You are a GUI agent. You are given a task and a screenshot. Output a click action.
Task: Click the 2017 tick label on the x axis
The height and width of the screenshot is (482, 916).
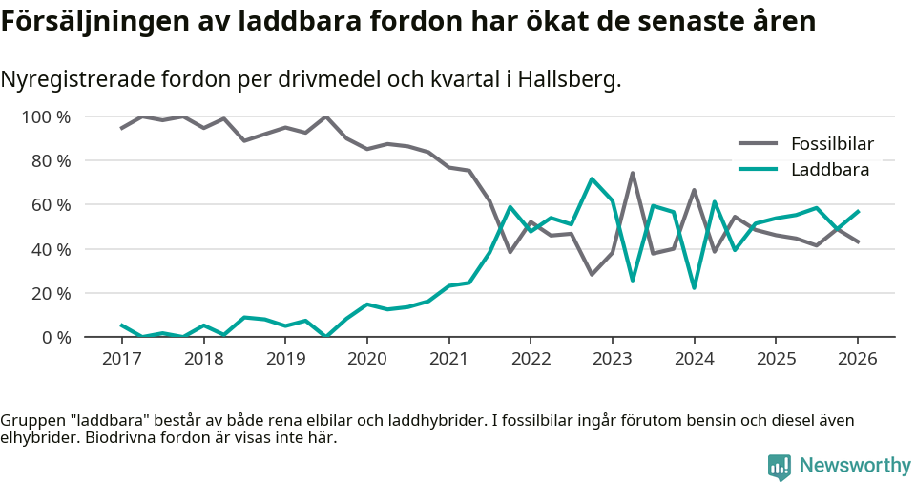pyautogui.click(x=121, y=359)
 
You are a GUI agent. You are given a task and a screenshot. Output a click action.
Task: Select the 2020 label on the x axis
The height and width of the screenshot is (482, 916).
pyautogui.click(x=366, y=359)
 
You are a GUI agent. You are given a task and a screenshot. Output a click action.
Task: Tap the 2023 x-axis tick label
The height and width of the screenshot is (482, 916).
pyautogui.click(x=612, y=359)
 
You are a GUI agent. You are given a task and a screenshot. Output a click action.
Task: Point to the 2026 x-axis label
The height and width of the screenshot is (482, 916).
pyautogui.click(x=857, y=359)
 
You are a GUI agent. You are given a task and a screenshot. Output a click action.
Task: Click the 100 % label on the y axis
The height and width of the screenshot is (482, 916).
pyautogui.click(x=46, y=117)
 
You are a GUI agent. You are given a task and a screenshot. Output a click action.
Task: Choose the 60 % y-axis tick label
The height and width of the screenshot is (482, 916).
pyautogui.click(x=50, y=205)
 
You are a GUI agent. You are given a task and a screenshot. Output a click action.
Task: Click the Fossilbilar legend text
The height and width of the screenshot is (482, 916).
pyautogui.click(x=832, y=144)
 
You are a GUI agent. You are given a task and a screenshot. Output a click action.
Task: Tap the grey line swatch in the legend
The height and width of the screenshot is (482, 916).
pyautogui.click(x=759, y=144)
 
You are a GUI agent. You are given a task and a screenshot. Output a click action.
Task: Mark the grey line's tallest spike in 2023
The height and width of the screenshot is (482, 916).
pyautogui.click(x=633, y=174)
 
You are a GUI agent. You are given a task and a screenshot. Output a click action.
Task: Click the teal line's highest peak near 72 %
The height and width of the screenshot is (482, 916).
pyautogui.click(x=592, y=178)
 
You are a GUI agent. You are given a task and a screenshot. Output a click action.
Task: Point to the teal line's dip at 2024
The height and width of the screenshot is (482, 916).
pyautogui.click(x=694, y=287)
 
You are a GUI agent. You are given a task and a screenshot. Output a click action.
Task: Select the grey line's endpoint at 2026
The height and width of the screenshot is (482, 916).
pyautogui.click(x=858, y=242)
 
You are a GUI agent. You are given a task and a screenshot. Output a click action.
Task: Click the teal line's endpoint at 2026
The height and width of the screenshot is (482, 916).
pyautogui.click(x=858, y=211)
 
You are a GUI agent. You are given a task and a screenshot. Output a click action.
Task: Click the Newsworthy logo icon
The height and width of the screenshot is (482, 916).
pyautogui.click(x=779, y=466)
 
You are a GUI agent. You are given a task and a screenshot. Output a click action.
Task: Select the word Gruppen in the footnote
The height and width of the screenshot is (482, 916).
pyautogui.click(x=31, y=421)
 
